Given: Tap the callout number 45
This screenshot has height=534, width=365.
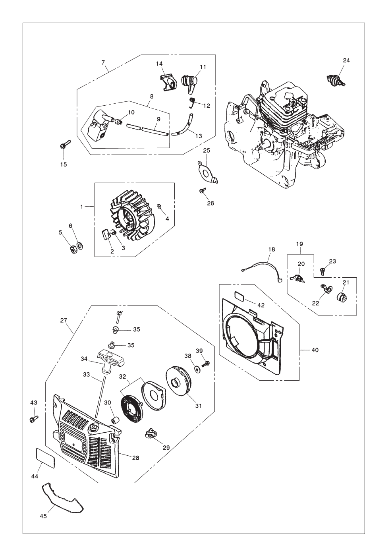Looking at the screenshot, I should (43, 516).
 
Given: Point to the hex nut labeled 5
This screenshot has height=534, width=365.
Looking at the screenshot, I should (73, 250).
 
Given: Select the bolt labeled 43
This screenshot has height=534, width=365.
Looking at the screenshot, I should (33, 418).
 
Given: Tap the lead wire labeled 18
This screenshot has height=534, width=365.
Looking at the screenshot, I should (265, 265).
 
